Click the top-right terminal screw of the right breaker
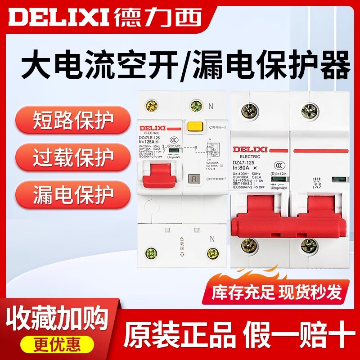(310, 111)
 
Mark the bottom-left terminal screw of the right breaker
(249, 245)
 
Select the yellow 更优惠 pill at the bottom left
(56, 344)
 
